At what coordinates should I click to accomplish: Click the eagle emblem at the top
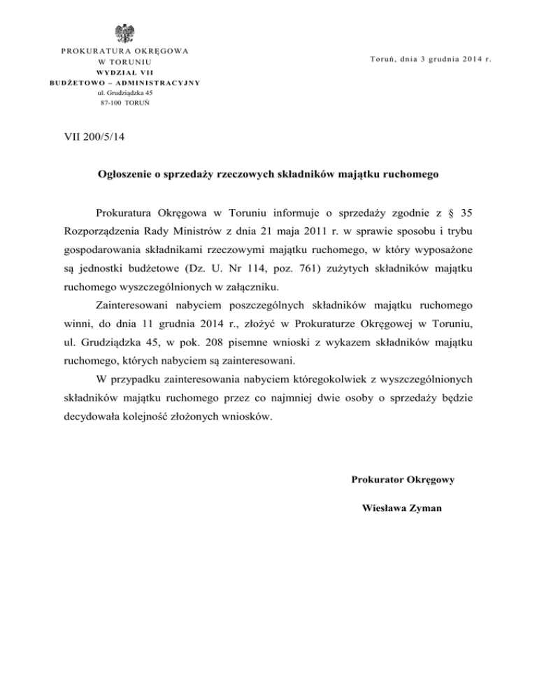[125, 33]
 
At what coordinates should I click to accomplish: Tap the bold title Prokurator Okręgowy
[403, 480]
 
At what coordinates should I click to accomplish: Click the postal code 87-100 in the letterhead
[110, 102]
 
